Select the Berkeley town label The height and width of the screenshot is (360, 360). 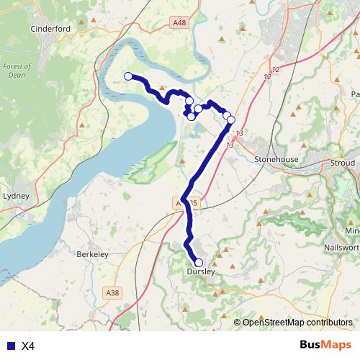tap(91, 254)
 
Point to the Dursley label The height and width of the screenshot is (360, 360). tap(199, 273)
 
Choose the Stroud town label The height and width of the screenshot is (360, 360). tap(343, 163)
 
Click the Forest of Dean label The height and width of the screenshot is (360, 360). tap(15, 72)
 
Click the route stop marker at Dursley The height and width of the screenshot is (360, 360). tap(198, 263)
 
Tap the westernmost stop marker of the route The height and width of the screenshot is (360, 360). tap(128, 76)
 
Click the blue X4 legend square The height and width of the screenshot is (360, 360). tap(9, 346)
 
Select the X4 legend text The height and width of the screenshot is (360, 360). tap(28, 346)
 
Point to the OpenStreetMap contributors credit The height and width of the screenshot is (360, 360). tap(297, 322)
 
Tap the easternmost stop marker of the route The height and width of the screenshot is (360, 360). tap(231, 120)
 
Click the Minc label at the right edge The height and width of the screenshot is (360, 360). tap(352, 230)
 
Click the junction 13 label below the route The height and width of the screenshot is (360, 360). tap(230, 145)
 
